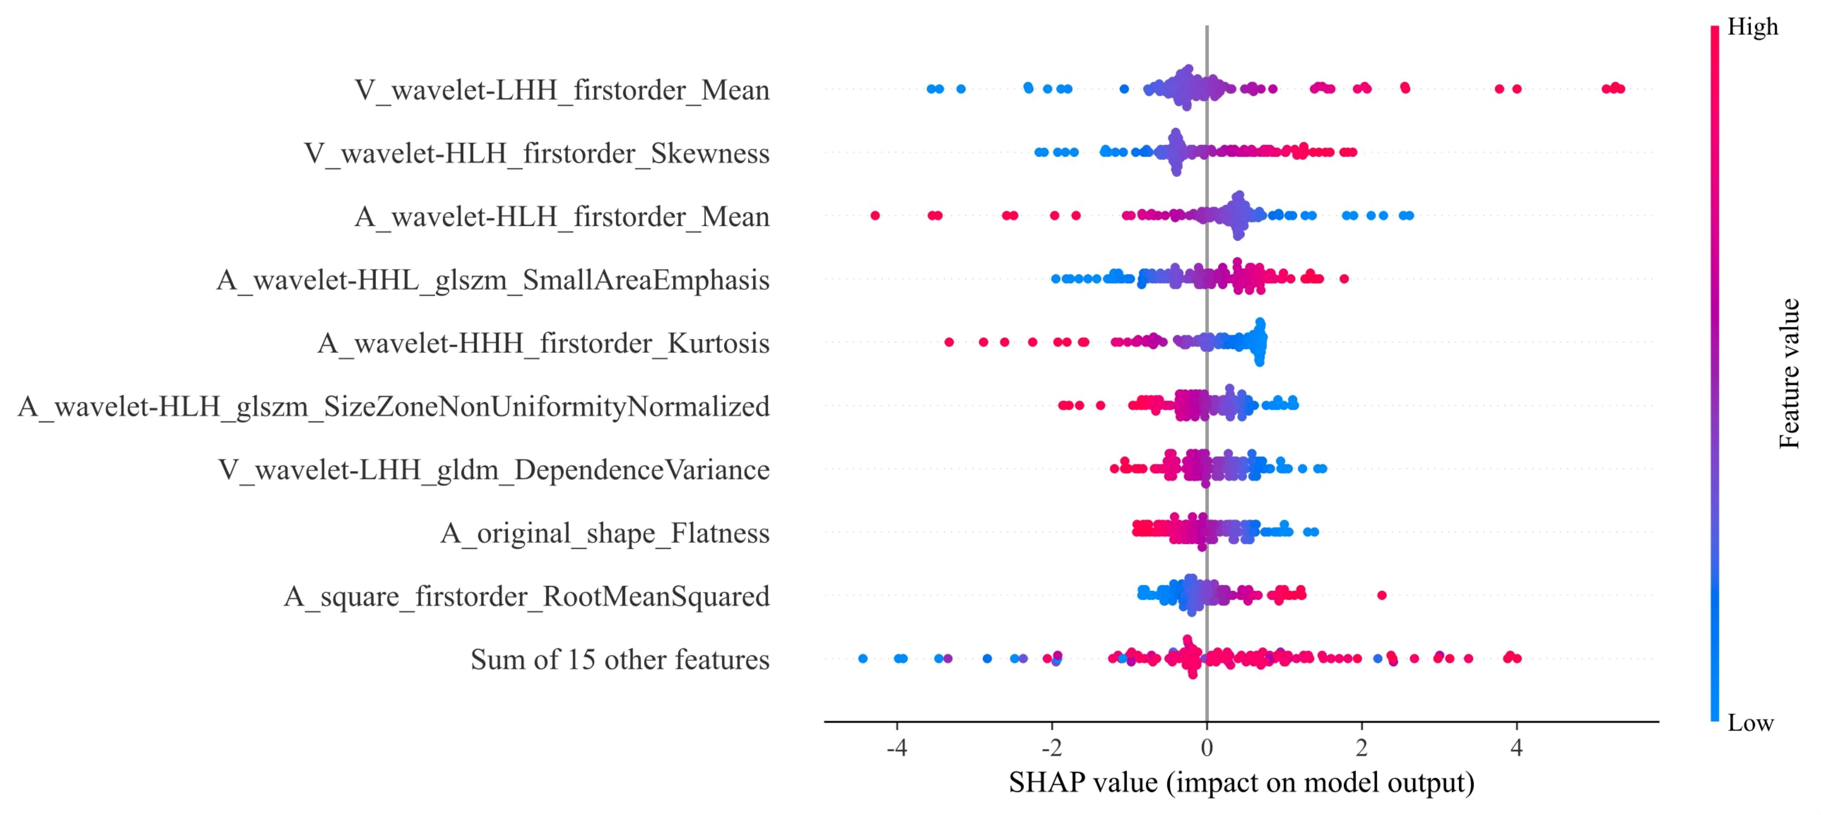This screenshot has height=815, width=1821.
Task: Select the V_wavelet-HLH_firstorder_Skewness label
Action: pyautogui.click(x=537, y=153)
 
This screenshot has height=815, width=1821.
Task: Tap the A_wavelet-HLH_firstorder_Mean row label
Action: pyautogui.click(x=562, y=216)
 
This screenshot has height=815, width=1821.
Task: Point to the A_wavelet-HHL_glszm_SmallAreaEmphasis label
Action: pyautogui.click(x=493, y=280)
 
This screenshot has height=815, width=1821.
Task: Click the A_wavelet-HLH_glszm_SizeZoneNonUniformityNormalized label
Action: pyautogui.click(x=394, y=406)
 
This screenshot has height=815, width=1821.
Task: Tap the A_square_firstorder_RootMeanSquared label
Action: pyautogui.click(x=527, y=596)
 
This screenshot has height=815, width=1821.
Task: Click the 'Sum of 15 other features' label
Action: pyautogui.click(x=620, y=660)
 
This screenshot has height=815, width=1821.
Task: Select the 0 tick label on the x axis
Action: pyautogui.click(x=1207, y=747)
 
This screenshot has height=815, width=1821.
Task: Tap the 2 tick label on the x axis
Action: pyautogui.click(x=1362, y=747)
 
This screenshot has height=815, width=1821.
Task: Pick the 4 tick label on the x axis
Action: pyautogui.click(x=1516, y=747)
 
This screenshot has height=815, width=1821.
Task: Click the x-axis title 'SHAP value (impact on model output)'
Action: pyautogui.click(x=1241, y=783)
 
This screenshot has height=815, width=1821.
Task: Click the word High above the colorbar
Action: pyautogui.click(x=1752, y=27)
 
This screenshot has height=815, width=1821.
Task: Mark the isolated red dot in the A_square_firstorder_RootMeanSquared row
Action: pyautogui.click(x=1382, y=595)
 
